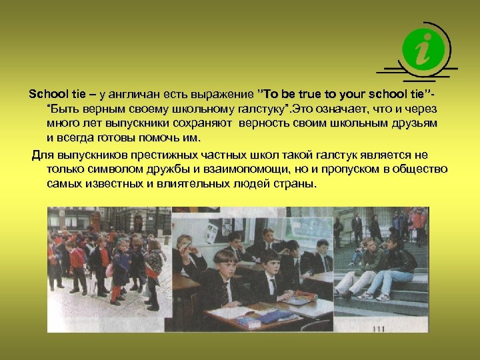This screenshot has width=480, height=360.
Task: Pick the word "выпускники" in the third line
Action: click(145, 123)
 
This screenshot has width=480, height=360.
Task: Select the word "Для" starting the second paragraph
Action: click(44, 154)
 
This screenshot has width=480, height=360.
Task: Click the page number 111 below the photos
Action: click(379, 329)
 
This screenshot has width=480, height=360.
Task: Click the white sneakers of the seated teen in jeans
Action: click(365, 294)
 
